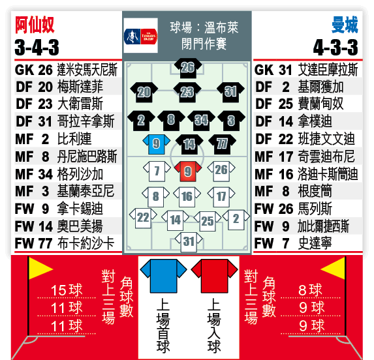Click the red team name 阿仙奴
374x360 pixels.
[x=35, y=25]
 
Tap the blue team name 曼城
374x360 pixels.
[x=345, y=25]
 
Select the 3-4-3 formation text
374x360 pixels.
[x=37, y=47]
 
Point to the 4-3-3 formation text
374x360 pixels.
[x=336, y=47]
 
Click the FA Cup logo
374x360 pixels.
[x=141, y=36]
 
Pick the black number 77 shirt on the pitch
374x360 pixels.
[x=222, y=144]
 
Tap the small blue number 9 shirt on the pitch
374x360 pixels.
[x=156, y=144]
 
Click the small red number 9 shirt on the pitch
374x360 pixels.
[x=188, y=171]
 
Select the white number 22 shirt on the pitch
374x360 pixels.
[x=143, y=218]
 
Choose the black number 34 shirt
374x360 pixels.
[x=201, y=121]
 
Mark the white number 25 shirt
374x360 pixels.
[x=208, y=221]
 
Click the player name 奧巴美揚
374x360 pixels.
[x=80, y=226]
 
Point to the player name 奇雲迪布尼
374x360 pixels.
[x=326, y=157]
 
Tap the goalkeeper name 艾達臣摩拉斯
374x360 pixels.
[x=328, y=70]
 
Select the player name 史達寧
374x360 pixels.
[x=315, y=243]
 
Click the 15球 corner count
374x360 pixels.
[x=67, y=290]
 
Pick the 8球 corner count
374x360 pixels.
[x=310, y=290]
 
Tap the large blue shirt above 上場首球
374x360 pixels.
[x=163, y=276]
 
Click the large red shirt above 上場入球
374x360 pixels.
[x=215, y=276]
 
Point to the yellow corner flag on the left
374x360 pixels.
[x=39, y=269]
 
